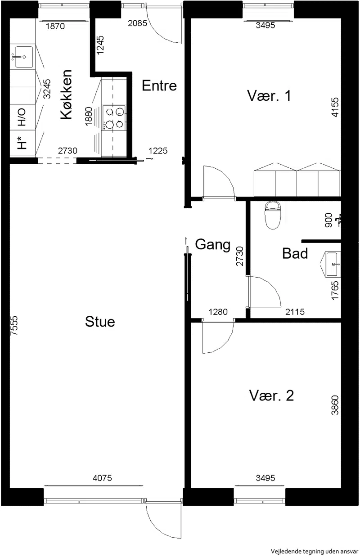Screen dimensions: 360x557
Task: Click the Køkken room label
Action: pyautogui.click(x=67, y=94)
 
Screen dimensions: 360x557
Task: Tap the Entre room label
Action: pyautogui.click(x=159, y=85)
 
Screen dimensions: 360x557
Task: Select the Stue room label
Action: pyautogui.click(x=100, y=322)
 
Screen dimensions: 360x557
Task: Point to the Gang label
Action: pyautogui.click(x=213, y=245)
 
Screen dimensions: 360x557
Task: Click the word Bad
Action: pyautogui.click(x=295, y=253)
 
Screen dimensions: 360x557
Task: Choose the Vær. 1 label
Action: pyautogui.click(x=269, y=95)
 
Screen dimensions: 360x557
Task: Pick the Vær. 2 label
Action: pyautogui.click(x=271, y=395)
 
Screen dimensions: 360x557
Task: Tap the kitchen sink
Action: pyautogui.click(x=23, y=57)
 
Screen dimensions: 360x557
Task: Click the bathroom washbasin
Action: pyautogui.click(x=333, y=264)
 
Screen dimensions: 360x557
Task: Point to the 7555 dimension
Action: pyautogui.click(x=14, y=326)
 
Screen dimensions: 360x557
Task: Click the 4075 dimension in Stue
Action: pyautogui.click(x=102, y=478)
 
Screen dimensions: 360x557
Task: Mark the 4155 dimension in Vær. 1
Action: pyautogui.click(x=335, y=107)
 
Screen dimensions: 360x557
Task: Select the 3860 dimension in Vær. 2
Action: pyautogui.click(x=335, y=405)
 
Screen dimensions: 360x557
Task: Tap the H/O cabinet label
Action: pyautogui.click(x=22, y=117)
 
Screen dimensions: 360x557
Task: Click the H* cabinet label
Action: pyautogui.click(x=22, y=143)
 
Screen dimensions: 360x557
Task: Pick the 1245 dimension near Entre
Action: pyautogui.click(x=100, y=45)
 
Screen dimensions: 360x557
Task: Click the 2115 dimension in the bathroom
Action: pyautogui.click(x=295, y=312)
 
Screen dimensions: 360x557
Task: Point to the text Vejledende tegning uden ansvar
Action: pyautogui.click(x=315, y=551)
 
